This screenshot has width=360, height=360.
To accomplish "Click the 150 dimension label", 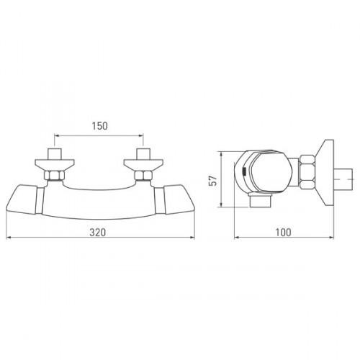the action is pos(100,126).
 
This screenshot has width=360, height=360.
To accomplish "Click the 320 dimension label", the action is pos(98,233).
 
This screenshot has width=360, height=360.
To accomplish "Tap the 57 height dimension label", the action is pos(213,181).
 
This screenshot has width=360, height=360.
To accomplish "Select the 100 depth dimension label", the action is pos(283,233).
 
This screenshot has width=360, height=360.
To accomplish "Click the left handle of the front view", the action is pos(22,199).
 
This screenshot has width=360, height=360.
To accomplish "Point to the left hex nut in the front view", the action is pos(55,176).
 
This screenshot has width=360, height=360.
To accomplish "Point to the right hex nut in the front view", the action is pos(143,176).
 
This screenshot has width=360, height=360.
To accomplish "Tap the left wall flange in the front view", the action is pos(55,165).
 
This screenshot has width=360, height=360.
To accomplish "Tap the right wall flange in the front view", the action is pos(143,165).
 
